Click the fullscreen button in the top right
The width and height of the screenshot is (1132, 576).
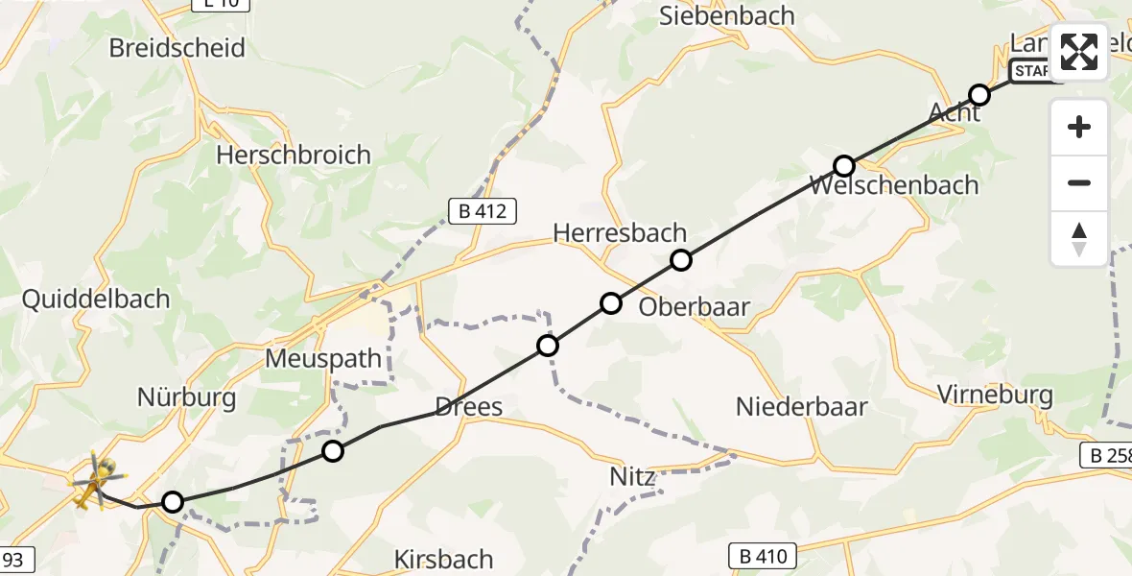(1079, 52)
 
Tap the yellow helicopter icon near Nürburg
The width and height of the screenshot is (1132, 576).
(96, 478)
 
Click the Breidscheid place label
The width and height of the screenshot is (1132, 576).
(177, 48)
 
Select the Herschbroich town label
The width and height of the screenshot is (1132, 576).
(294, 155)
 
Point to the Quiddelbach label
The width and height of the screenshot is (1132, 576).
(96, 300)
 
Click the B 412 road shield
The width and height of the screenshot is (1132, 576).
(483, 211)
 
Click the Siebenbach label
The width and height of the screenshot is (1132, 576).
(727, 16)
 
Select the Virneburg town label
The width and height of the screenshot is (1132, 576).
(995, 395)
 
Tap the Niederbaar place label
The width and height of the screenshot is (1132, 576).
(802, 407)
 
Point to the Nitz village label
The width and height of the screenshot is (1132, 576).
(632, 477)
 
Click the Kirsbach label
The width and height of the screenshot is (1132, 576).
(444, 559)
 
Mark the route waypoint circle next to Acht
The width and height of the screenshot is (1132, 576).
(979, 95)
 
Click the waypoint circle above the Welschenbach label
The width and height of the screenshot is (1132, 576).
(843, 165)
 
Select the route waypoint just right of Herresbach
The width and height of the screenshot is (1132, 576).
(680, 259)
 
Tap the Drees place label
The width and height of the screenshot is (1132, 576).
(469, 407)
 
